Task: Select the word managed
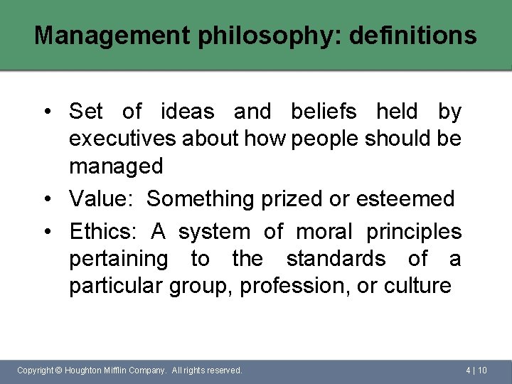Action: [x=116, y=167]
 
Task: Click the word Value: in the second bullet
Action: [x=101, y=199]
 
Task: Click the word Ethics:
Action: [x=104, y=232]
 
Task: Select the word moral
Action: [x=324, y=232]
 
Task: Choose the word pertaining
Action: [x=118, y=260]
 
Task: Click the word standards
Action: [x=336, y=259]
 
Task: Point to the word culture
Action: [x=417, y=287]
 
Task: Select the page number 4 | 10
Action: [x=476, y=370]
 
